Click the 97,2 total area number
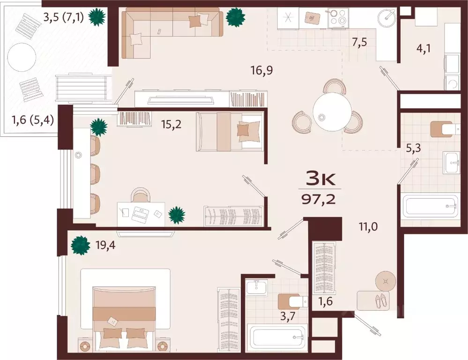point(319,199)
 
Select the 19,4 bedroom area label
point(105,245)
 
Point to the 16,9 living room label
point(262,70)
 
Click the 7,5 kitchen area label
point(359,43)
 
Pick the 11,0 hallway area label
point(368,227)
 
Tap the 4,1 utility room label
point(423,48)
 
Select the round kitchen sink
point(386,18)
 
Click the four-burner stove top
point(339,18)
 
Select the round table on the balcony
point(22,57)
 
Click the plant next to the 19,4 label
point(80,245)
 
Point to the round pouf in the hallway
point(386,281)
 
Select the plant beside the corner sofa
point(236,17)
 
